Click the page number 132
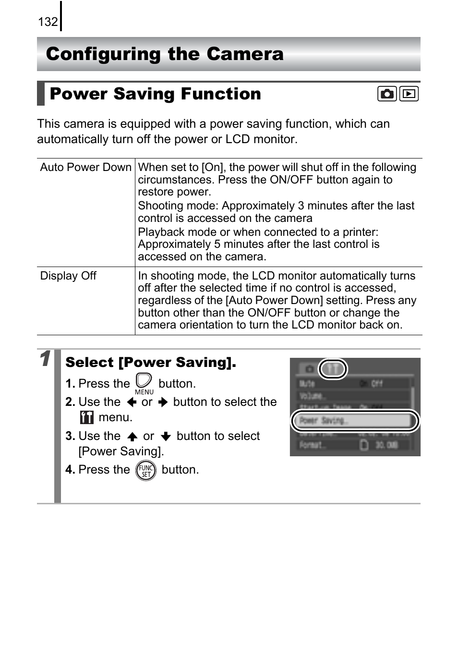pos(48,22)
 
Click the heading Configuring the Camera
pos(165,54)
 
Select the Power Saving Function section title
pos(155,94)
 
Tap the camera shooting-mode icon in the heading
pos(386,94)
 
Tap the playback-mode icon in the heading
pos(409,94)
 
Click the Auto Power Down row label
pos(85,167)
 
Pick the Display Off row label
pos(68,276)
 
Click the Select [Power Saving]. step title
pos(151,362)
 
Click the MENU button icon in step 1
pos(144,383)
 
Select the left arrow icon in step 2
pos(132,402)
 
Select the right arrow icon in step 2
pos(163,402)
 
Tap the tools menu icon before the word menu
pos(86,417)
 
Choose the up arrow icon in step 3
pos(133,436)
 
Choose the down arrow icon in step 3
pos(166,436)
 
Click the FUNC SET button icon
pos(145,470)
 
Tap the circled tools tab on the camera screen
pos(333,369)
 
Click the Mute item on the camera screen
pos(307,383)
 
